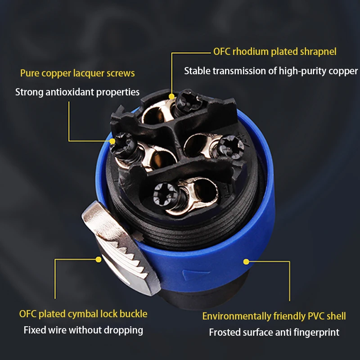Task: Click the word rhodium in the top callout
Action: (250, 52)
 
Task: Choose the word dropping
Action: (123, 331)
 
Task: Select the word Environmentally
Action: (237, 316)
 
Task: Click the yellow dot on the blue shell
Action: (246, 261)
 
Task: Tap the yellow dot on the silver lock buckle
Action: (98, 260)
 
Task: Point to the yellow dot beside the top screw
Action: (171, 96)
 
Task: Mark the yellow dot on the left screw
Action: (112, 141)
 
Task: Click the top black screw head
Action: (189, 100)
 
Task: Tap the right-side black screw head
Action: (230, 146)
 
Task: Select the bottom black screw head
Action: (166, 195)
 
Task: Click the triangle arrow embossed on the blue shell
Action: (196, 274)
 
